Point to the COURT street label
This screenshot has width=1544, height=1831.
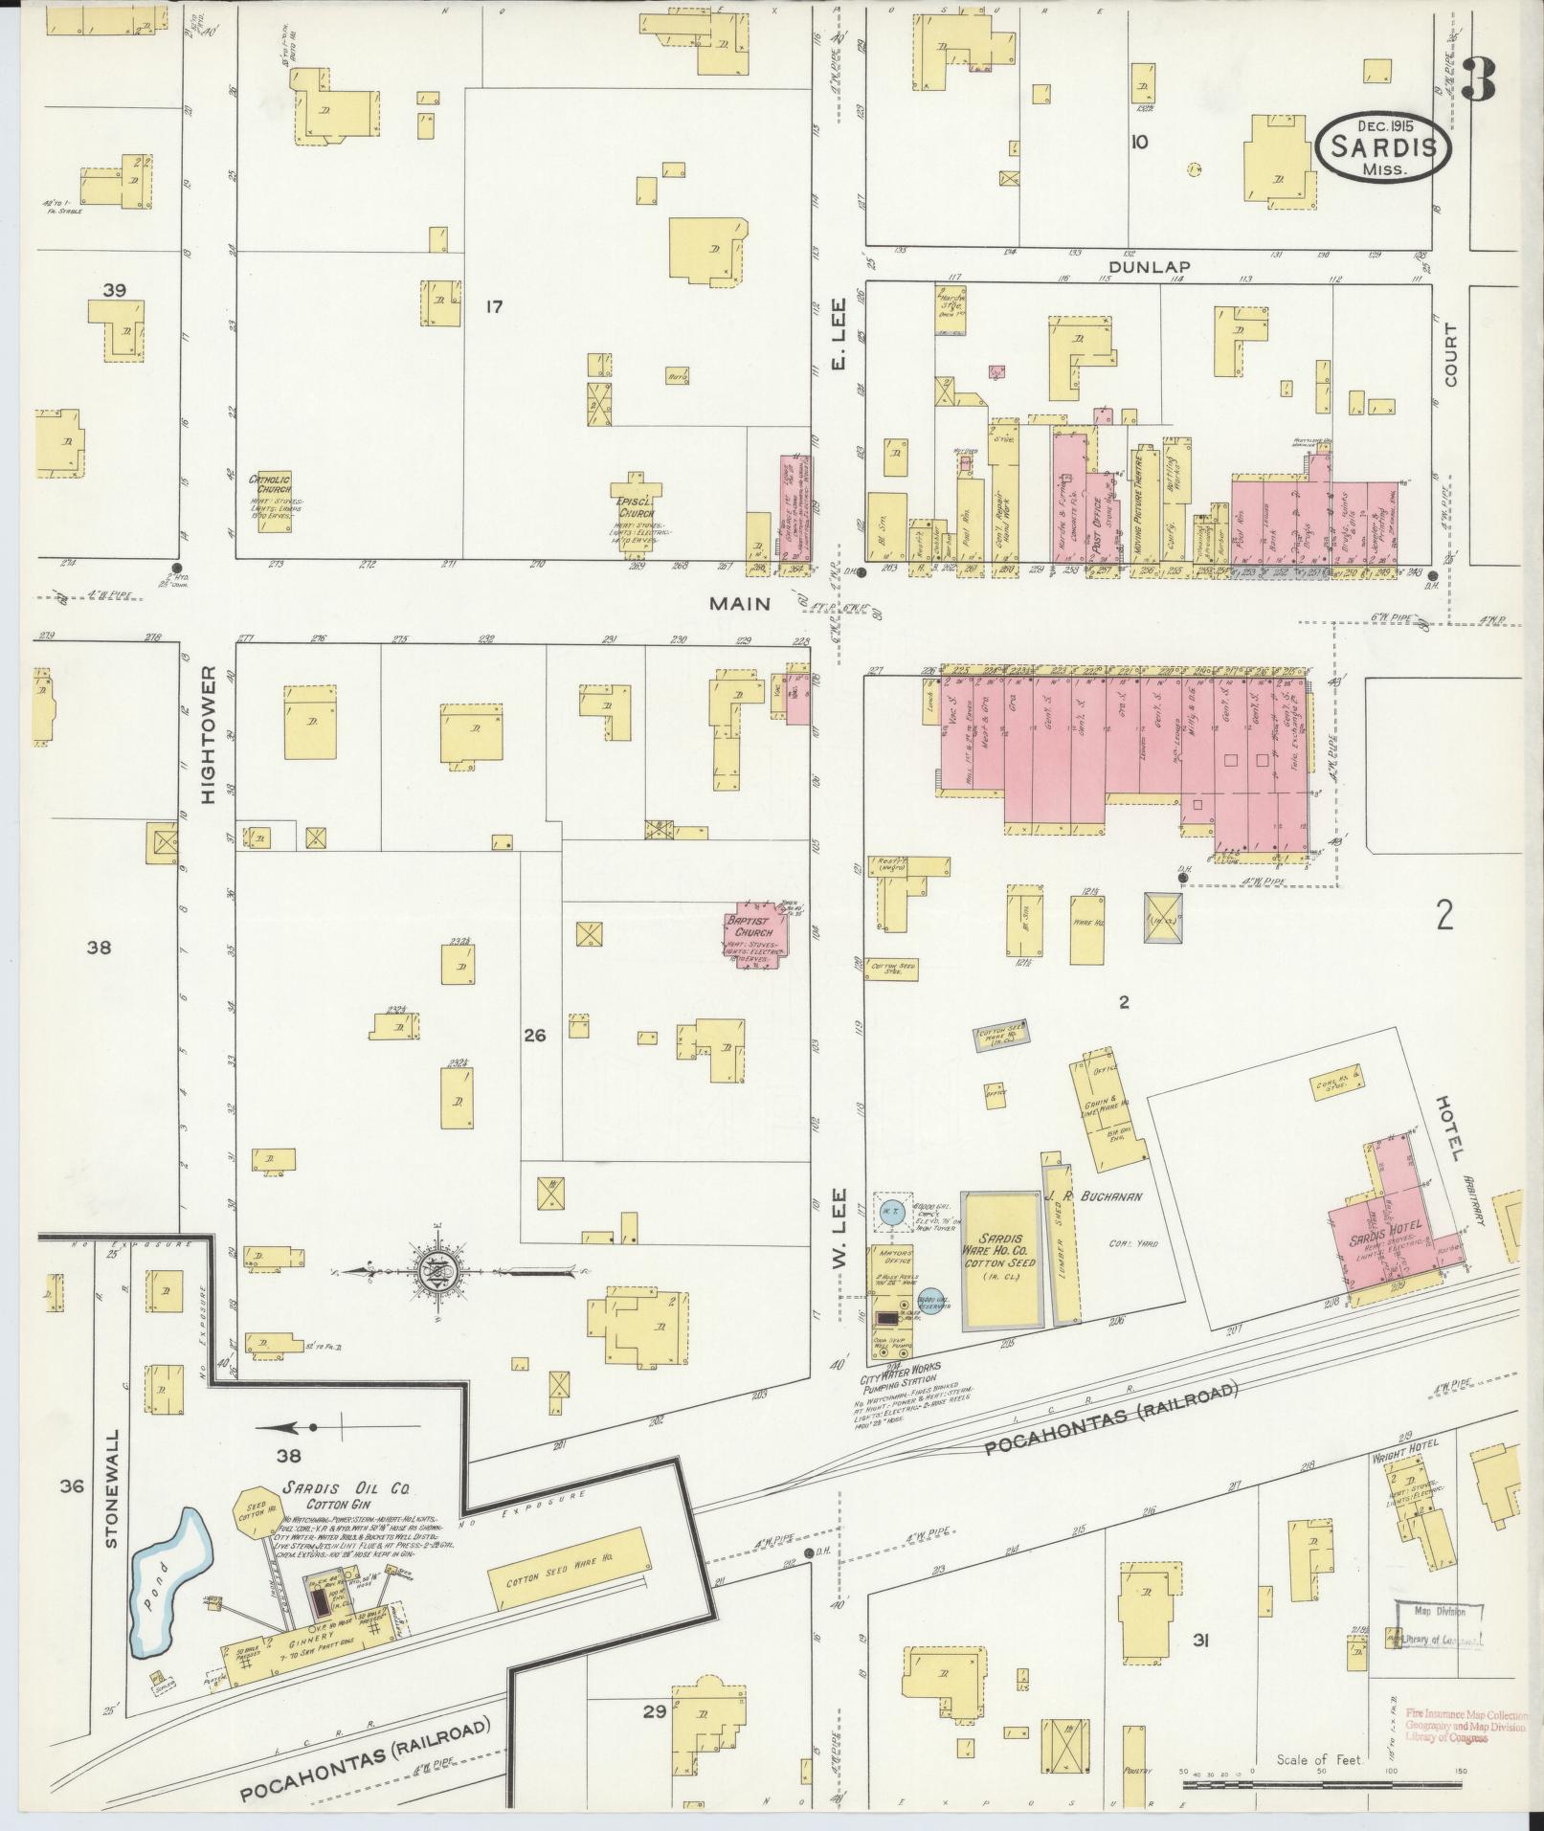tap(1450, 355)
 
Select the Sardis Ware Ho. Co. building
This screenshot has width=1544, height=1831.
tap(1001, 1260)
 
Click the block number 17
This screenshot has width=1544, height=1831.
tap(494, 307)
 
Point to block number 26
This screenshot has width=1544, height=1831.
tap(534, 1036)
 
